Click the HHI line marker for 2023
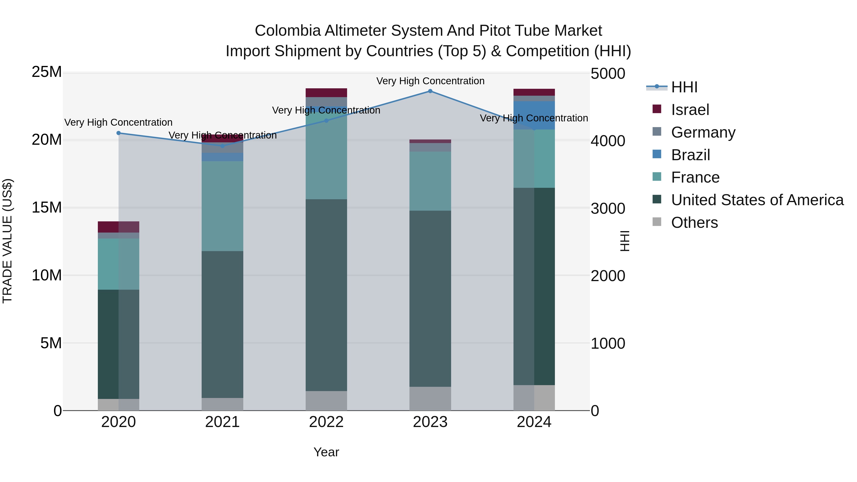point(430,91)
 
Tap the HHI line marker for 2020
point(119,133)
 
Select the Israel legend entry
point(690,110)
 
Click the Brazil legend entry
point(690,155)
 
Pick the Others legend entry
point(694,223)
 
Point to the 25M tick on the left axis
point(47,72)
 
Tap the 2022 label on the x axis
point(326,422)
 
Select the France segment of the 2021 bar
point(222,206)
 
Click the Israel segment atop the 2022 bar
point(326,93)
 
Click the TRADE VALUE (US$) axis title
point(7,241)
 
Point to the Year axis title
point(326,452)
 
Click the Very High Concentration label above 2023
point(430,81)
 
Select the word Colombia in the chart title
point(287,31)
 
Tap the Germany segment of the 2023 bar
point(430,147)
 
